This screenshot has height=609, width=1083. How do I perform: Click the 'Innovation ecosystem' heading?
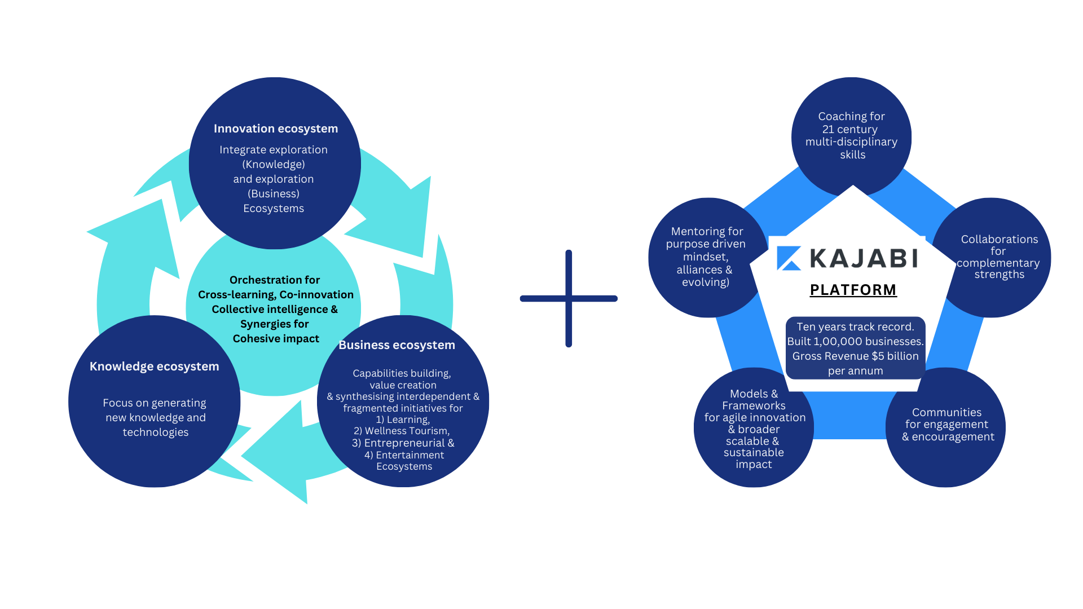click(x=276, y=129)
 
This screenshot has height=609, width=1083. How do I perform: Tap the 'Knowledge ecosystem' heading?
click(x=154, y=367)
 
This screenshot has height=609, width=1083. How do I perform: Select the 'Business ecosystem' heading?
click(x=397, y=345)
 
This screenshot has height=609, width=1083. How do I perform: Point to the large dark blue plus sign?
click(x=569, y=298)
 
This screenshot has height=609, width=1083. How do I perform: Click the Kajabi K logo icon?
click(x=789, y=258)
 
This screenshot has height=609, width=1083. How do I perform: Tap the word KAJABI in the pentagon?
click(x=864, y=259)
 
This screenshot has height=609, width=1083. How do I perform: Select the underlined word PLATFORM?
click(x=853, y=290)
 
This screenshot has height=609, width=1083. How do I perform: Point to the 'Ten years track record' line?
click(x=855, y=327)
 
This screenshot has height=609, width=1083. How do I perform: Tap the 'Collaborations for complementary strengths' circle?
click(x=998, y=257)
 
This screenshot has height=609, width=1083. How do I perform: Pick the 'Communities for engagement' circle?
click(x=947, y=425)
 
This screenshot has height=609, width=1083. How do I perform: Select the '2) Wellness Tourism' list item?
click(x=402, y=431)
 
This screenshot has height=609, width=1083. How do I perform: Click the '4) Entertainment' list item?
click(x=404, y=455)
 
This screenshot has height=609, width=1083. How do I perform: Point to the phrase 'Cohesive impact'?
click(x=276, y=339)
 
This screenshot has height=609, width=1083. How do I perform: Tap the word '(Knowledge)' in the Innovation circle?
click(x=274, y=165)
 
